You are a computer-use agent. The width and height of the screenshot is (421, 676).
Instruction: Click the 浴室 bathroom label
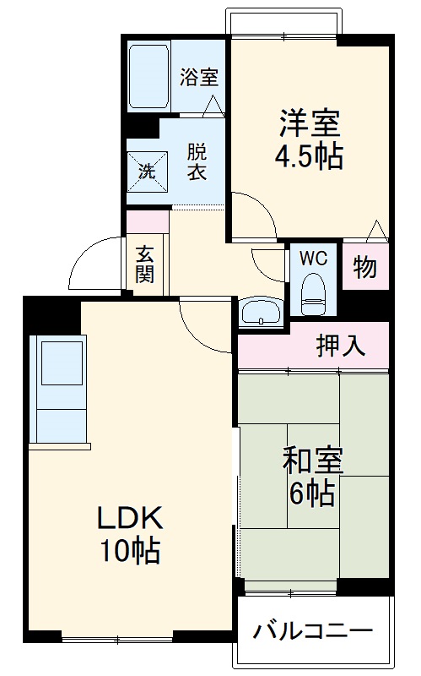[x=199, y=77]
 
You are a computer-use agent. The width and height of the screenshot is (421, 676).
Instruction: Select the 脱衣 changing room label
[x=197, y=161]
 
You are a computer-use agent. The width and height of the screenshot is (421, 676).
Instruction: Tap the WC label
[x=314, y=256]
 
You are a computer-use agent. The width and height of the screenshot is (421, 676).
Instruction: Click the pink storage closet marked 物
[x=364, y=268]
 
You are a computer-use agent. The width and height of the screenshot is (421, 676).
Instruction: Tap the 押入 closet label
[x=341, y=345]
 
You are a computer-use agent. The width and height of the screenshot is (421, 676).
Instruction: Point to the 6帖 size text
[x=312, y=492]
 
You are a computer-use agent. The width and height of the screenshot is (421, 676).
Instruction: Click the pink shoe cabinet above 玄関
[x=147, y=222]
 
